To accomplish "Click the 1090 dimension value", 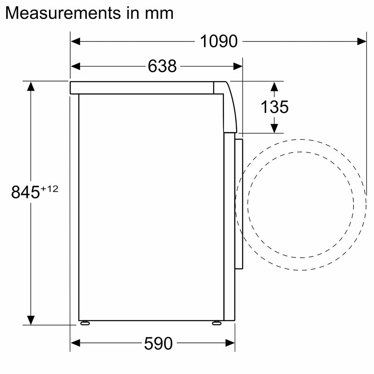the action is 219,42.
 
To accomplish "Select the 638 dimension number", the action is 162,66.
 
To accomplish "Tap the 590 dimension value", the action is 158,344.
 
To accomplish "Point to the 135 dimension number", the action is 275,107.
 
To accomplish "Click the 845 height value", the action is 25,192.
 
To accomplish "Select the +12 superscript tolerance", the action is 49,189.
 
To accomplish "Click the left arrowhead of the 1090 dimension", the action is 75,42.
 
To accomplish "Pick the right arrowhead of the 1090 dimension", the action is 362,42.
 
